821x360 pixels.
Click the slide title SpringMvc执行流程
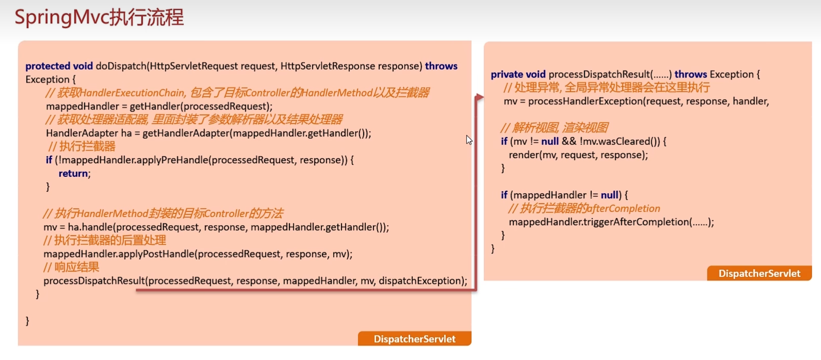[x=99, y=17]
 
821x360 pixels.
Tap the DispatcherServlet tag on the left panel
[x=414, y=339]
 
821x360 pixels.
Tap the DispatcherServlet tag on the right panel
[x=759, y=273]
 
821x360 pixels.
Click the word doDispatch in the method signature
[x=121, y=66]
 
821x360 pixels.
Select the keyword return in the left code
[x=74, y=173]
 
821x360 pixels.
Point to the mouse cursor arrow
[x=469, y=140]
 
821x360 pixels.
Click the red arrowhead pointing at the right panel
[x=479, y=97]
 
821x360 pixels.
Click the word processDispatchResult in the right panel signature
[x=599, y=74]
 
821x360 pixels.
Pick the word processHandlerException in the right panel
[x=585, y=101]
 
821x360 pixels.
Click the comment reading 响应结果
[x=72, y=267]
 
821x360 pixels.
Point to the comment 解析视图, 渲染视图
[x=554, y=128]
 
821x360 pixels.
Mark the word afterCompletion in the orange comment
[x=623, y=209]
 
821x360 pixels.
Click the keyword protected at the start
[x=48, y=66]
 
